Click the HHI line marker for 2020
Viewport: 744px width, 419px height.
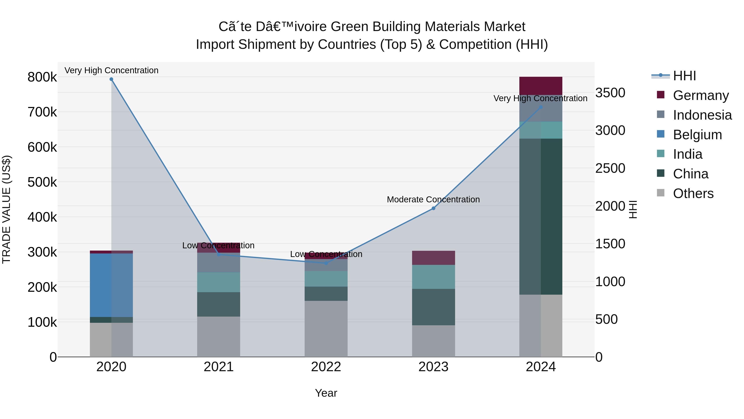point(111,79)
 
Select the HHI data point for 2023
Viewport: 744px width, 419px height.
point(433,208)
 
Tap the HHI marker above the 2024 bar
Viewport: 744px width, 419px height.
point(541,107)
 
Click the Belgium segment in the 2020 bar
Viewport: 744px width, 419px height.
point(111,285)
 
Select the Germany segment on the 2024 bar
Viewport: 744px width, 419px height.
point(541,86)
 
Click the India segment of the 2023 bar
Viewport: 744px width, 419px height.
point(433,277)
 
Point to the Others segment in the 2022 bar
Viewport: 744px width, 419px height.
point(326,329)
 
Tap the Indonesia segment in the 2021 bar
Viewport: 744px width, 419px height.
point(219,262)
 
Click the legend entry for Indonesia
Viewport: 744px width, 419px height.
point(702,115)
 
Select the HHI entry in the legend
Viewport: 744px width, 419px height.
point(684,76)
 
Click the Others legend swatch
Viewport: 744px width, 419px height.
point(661,193)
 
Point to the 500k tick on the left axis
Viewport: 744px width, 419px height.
point(42,182)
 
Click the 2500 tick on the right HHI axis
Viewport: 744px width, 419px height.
point(610,168)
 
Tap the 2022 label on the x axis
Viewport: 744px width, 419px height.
point(326,367)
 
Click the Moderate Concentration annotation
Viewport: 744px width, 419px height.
point(433,199)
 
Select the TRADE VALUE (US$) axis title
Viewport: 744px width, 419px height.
point(6,209)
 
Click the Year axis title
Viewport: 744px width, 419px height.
point(326,393)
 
